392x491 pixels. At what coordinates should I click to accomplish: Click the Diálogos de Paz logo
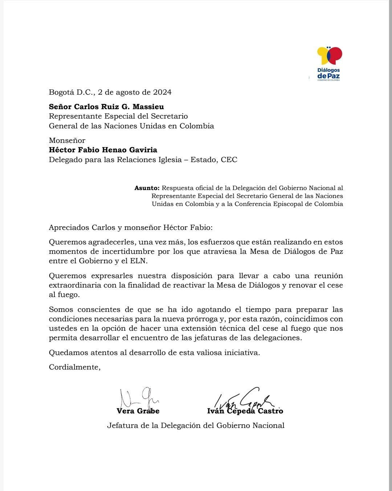(329, 63)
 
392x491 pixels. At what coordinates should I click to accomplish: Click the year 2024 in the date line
(162, 92)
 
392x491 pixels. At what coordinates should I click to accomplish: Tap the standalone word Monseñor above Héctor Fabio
(67, 140)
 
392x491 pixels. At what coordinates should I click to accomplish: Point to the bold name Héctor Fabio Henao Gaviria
(103, 150)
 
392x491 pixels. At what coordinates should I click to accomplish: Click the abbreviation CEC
(229, 160)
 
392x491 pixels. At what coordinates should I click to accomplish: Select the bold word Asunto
(147, 188)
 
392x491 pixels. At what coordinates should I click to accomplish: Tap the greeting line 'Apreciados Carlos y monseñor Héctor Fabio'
(131, 228)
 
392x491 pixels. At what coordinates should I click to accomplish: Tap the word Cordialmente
(74, 367)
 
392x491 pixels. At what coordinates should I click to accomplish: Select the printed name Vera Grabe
(138, 411)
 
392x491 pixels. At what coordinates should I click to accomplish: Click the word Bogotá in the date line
(61, 92)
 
